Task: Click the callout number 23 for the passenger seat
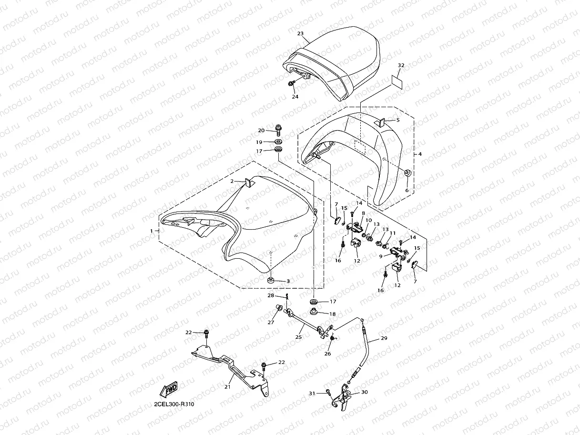click(300, 34)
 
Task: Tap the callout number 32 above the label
click(401, 65)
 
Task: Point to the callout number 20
click(261, 131)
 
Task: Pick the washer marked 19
click(278, 142)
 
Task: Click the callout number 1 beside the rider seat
click(152, 231)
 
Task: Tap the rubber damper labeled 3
click(271, 280)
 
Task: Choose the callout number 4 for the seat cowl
click(420, 154)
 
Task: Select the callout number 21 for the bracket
click(227, 387)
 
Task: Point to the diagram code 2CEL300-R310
click(173, 405)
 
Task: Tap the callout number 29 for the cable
click(384, 339)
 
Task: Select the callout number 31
click(312, 393)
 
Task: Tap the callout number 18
click(333, 314)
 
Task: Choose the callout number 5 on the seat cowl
click(398, 120)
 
